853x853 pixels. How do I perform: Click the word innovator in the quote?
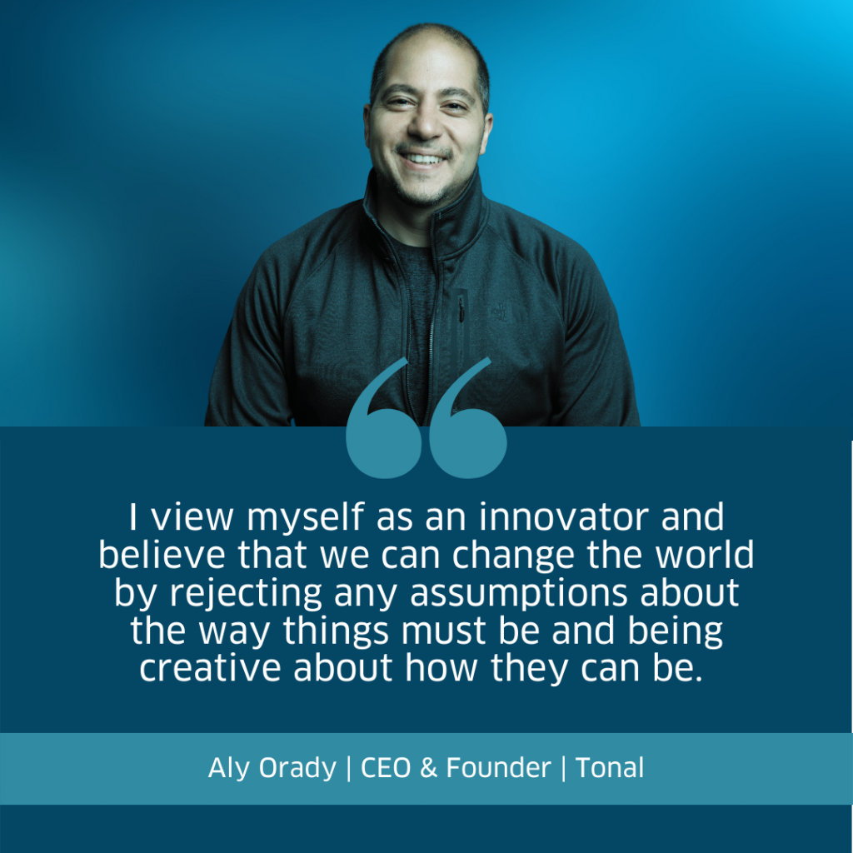coord(564,516)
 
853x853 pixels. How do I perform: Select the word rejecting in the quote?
coord(246,594)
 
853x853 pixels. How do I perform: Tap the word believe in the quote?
coord(162,554)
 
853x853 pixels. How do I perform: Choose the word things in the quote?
coord(336,632)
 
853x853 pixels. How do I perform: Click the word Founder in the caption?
coord(498,767)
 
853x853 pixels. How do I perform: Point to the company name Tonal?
coord(609,767)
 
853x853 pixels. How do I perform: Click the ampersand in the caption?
coord(429,767)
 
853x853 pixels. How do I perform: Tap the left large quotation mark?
coord(383,430)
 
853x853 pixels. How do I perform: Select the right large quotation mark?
coord(466,430)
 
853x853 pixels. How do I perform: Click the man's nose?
coord(425,124)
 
